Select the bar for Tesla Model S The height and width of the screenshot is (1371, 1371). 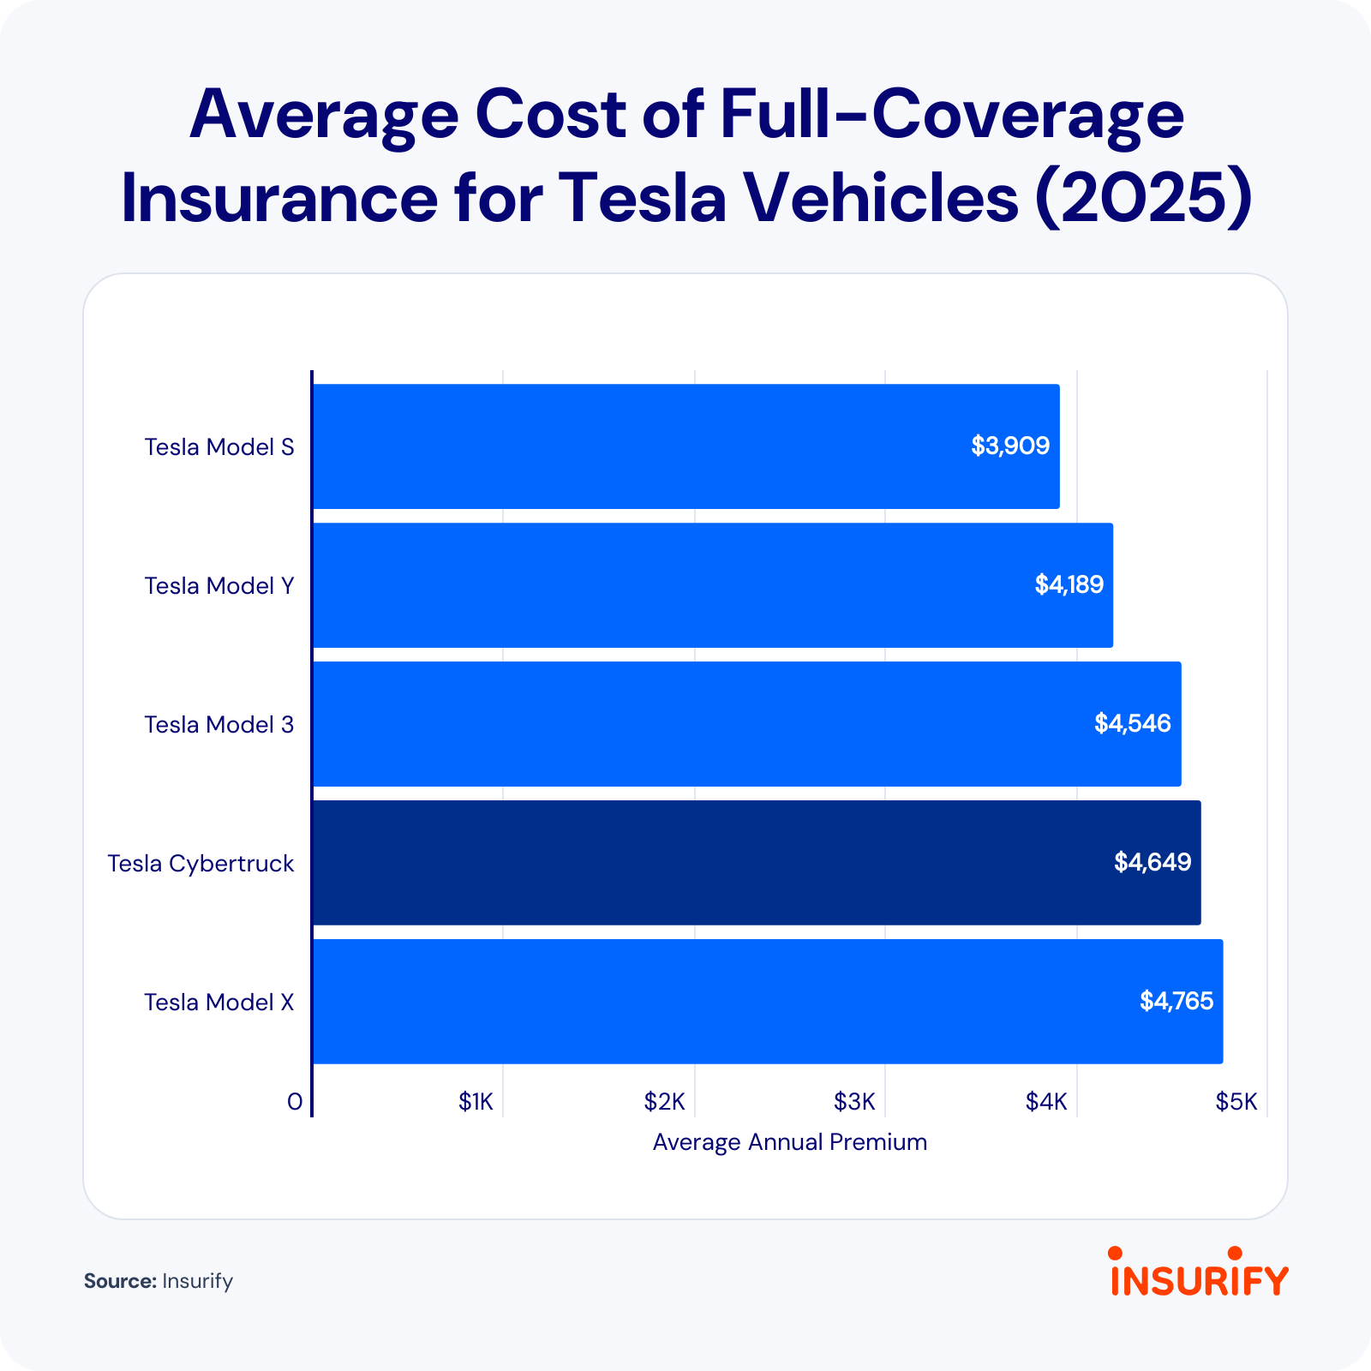click(x=685, y=446)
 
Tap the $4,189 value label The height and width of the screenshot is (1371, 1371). click(x=1069, y=585)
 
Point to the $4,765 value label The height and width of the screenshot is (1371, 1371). click(x=1176, y=1001)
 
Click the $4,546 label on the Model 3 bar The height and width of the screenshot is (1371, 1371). click(x=1132, y=724)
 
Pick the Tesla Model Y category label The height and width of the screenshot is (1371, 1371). click(x=219, y=586)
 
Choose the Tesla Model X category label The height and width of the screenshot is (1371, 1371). click(x=219, y=1003)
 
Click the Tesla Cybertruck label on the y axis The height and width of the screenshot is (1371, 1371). click(x=201, y=864)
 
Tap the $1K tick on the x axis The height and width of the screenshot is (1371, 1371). click(x=476, y=1102)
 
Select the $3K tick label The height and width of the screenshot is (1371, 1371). click(x=854, y=1102)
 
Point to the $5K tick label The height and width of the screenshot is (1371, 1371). click(x=1236, y=1102)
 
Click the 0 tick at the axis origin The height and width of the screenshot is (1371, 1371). click(x=295, y=1102)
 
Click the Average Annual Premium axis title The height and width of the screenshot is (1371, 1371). click(x=789, y=1142)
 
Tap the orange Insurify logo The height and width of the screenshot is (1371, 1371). click(x=1199, y=1273)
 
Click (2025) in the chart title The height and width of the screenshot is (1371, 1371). click(x=1143, y=198)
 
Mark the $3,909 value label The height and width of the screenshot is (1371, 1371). click(x=1009, y=446)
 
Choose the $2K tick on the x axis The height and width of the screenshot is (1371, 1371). click(x=664, y=1102)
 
